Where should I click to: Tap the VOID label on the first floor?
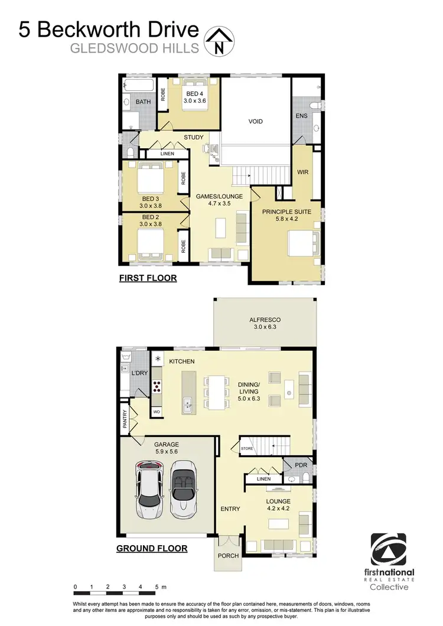point(255,122)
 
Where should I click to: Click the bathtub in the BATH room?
point(138,86)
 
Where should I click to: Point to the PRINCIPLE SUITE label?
point(286,211)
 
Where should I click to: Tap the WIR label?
point(304,174)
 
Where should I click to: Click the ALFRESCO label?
point(265,322)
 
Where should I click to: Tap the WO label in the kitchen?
point(157,411)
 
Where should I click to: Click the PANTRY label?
point(125,419)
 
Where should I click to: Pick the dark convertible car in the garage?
point(184,488)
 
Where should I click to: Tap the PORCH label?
point(227,556)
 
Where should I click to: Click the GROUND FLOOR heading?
point(152,549)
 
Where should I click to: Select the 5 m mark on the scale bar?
point(157,587)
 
